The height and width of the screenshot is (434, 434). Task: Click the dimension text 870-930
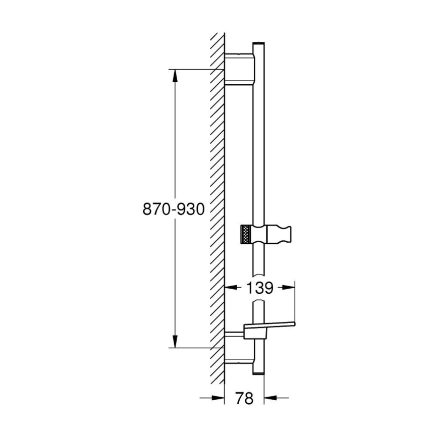[173, 209]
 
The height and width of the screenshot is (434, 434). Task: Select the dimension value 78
[244, 398]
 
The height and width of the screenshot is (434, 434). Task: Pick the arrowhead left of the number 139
[231, 288]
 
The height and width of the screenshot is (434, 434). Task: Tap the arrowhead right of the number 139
[289, 288]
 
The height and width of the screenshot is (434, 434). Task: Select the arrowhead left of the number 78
[219, 398]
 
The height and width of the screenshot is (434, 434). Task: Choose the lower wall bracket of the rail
[238, 348]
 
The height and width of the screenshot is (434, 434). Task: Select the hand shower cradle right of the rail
[281, 233]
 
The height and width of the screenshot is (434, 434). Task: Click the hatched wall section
[218, 202]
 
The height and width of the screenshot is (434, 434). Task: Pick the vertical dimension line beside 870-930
[175, 151]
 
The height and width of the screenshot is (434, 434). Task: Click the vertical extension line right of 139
[295, 303]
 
